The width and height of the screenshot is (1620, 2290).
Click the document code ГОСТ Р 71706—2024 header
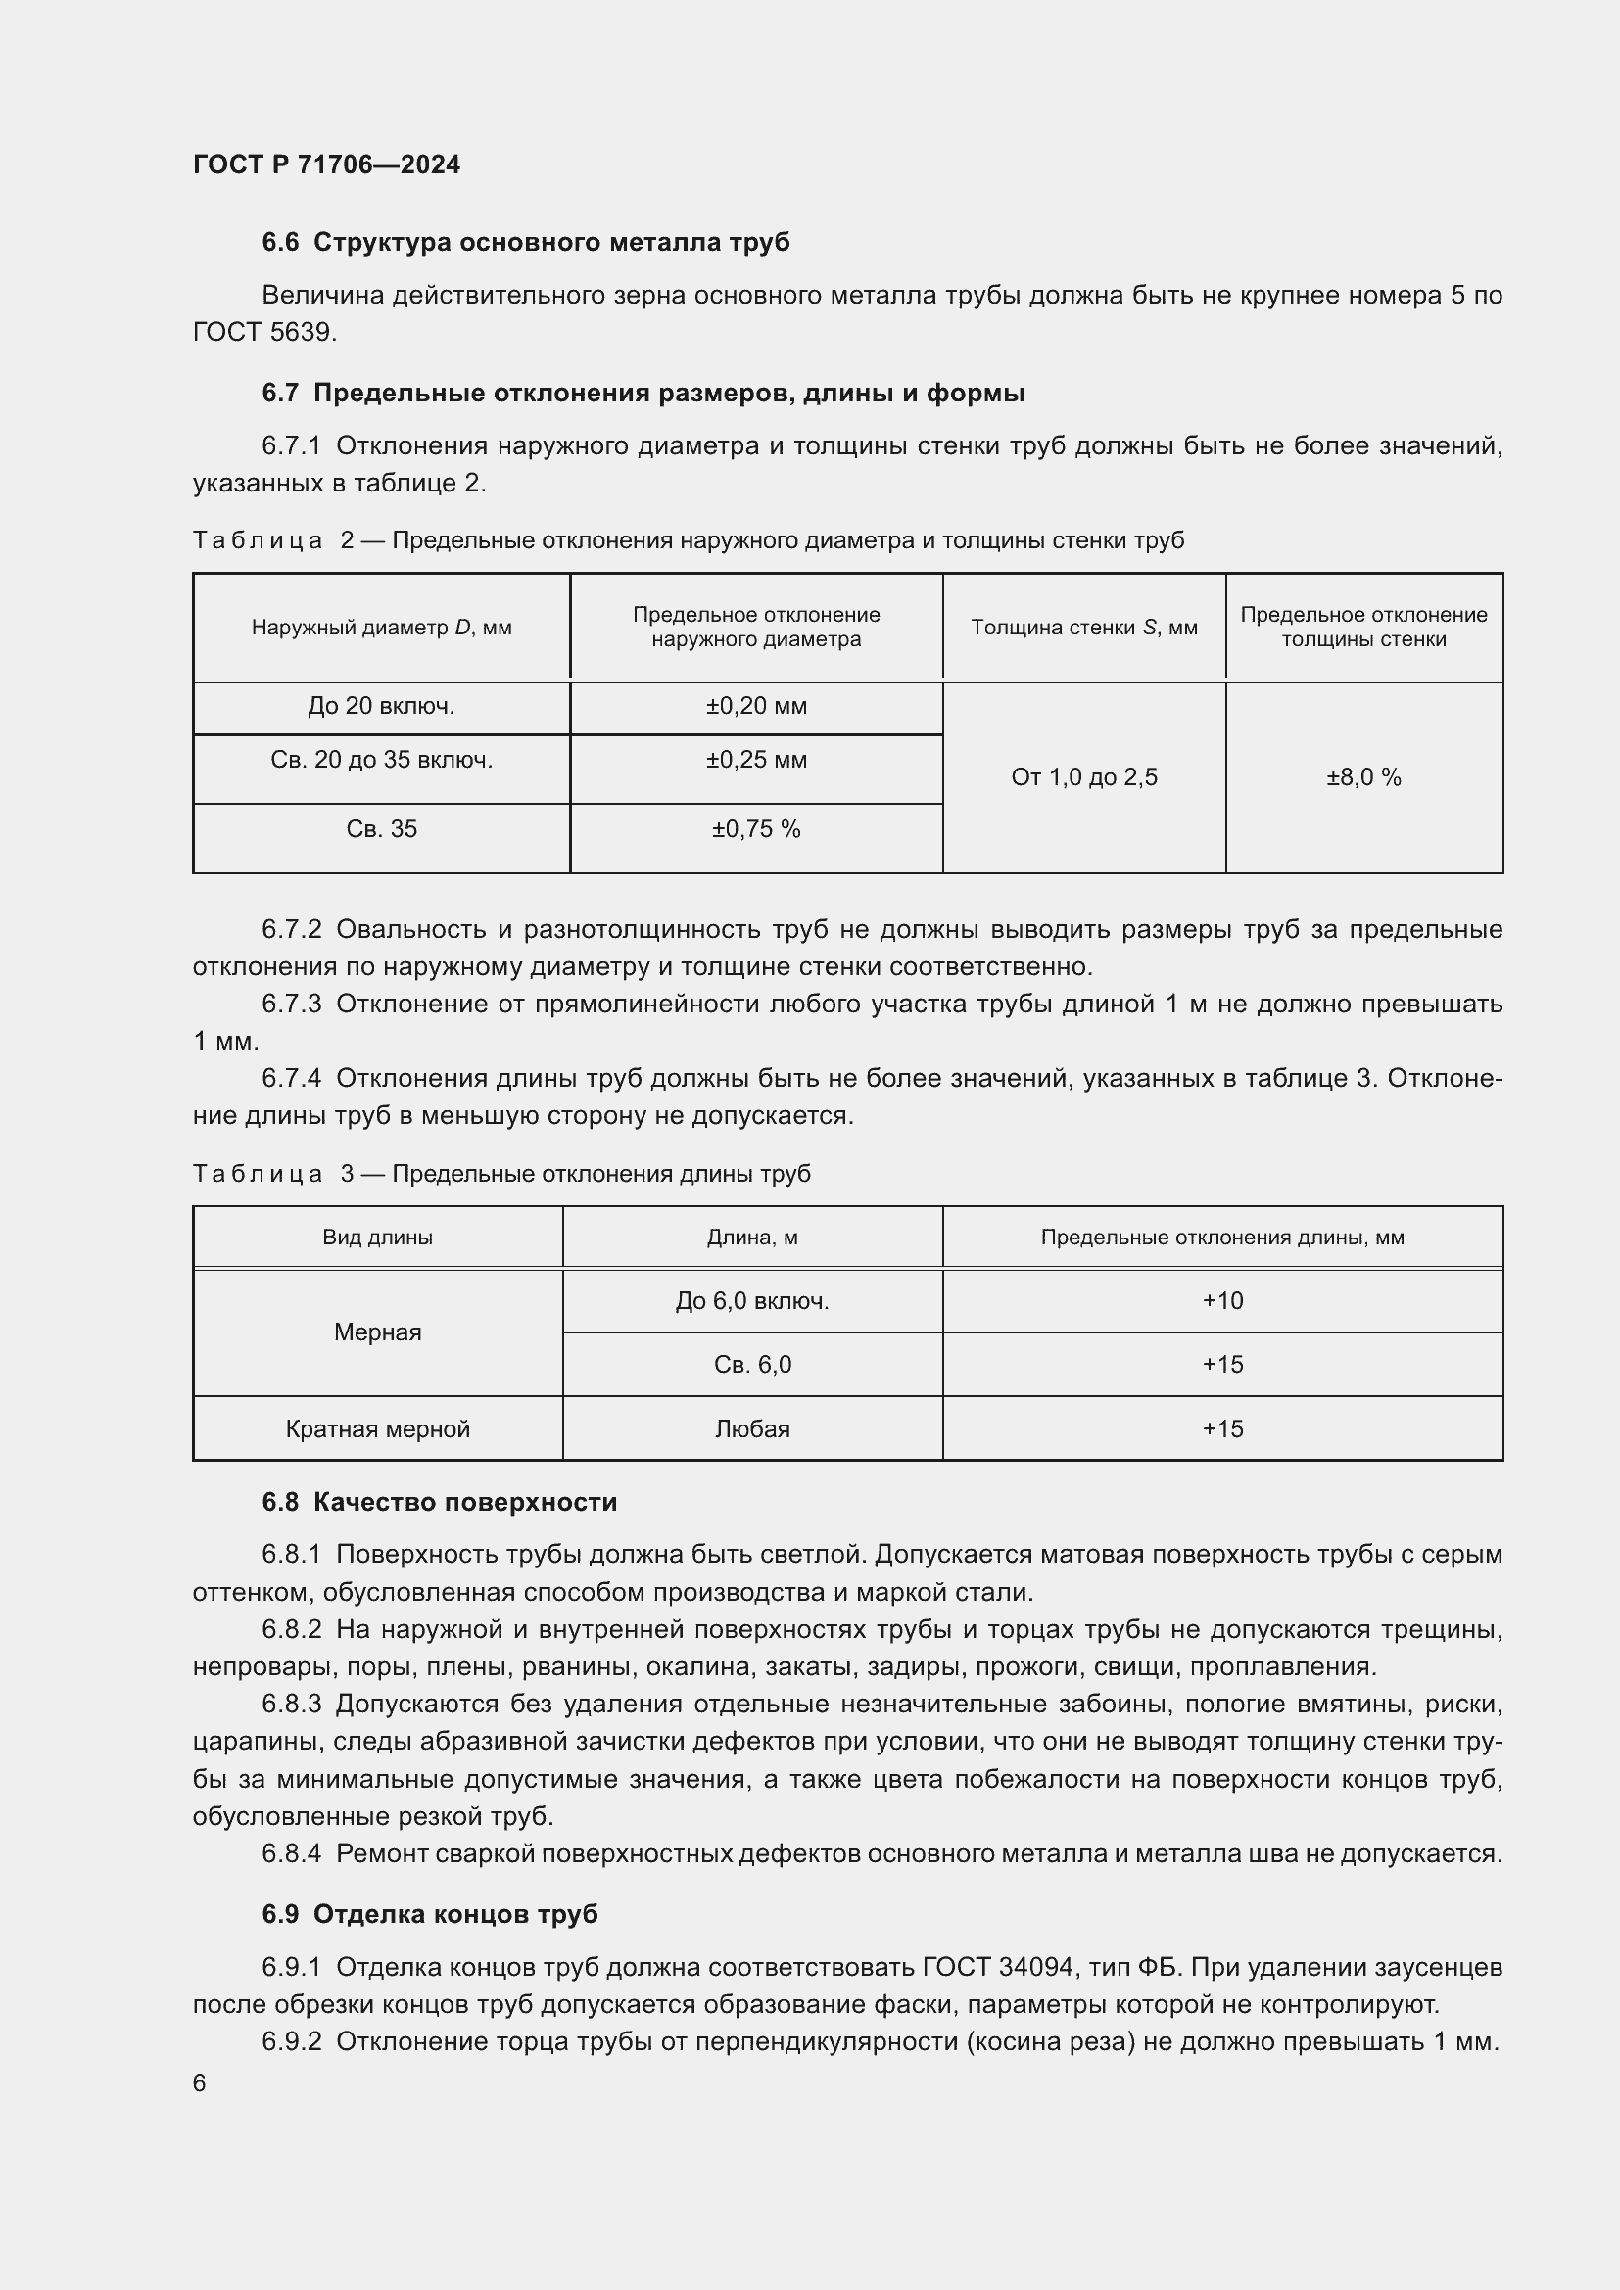326,164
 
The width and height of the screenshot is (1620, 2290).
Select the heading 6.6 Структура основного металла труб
526,243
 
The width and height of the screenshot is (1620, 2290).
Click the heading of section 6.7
643,393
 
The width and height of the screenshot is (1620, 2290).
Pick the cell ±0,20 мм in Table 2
756,706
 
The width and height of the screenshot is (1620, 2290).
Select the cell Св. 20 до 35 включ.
381,760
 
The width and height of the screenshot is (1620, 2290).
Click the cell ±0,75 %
756,830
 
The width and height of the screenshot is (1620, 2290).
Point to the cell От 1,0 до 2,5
1084,777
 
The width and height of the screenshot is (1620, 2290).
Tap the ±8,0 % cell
1363,777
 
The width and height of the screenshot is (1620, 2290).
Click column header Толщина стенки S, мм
1084,628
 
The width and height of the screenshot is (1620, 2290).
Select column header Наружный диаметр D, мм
381,628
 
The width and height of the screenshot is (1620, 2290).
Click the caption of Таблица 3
500,1174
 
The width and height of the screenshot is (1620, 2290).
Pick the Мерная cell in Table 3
377,1332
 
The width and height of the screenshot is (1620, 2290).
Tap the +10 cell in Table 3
1222,1300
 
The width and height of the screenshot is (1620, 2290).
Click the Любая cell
752,1429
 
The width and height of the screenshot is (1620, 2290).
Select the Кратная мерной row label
377,1429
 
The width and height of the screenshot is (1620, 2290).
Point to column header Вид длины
377,1238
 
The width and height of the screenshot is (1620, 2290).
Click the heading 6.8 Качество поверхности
440,1502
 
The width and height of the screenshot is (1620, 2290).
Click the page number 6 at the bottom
200,2083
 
